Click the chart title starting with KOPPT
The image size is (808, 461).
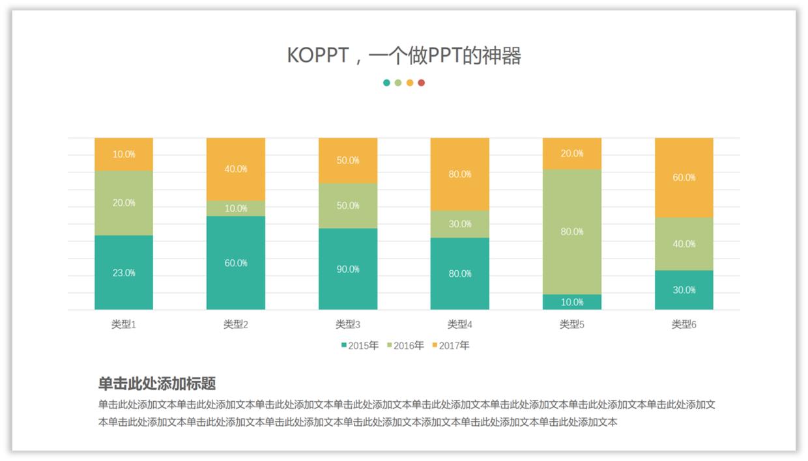coord(404,56)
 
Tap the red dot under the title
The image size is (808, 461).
coord(422,83)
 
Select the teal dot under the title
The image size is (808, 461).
coord(387,83)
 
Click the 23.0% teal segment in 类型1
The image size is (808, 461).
coord(124,272)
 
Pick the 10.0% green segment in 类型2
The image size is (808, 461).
coord(236,208)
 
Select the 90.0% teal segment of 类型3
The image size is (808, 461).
coord(348,268)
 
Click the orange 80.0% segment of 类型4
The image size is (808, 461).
coord(460,174)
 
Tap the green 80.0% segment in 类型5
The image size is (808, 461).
coord(572,231)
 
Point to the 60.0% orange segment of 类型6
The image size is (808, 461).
coord(684,177)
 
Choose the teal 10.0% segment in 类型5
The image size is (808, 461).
coord(572,302)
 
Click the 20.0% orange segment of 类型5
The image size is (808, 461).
coord(572,154)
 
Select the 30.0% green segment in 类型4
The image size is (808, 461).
coord(460,224)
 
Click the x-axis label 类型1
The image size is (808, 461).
coord(124,324)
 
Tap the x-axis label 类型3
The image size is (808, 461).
coord(348,324)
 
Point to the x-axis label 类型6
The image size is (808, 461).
coord(684,324)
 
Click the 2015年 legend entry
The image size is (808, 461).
coord(360,346)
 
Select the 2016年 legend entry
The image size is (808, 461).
coord(405,346)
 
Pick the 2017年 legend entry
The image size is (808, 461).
coord(451,346)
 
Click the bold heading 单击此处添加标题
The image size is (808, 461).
coord(157,384)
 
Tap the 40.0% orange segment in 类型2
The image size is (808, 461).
coord(236,169)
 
